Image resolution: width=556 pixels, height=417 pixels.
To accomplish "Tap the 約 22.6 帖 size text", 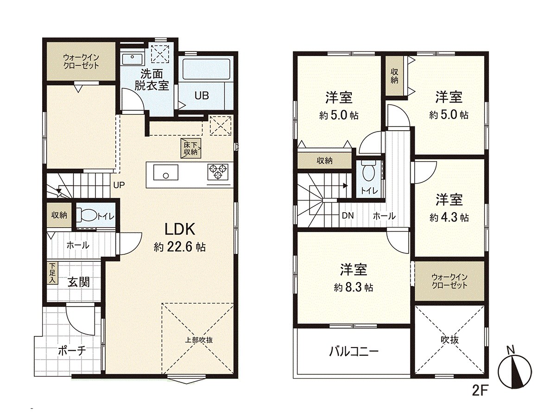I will pyautogui.click(x=180, y=247).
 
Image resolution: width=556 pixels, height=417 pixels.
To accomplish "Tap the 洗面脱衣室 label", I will pyautogui.click(x=152, y=79).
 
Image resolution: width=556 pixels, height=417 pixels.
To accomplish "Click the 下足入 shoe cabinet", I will pyautogui.click(x=52, y=273).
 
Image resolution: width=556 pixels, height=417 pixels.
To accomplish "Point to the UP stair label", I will pyautogui.click(x=119, y=185).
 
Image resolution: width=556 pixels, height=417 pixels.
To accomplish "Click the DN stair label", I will pyautogui.click(x=347, y=215).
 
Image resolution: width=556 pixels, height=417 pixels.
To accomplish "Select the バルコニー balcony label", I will pyautogui.click(x=354, y=351).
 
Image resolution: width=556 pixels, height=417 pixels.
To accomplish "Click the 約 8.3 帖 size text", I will pyautogui.click(x=354, y=287).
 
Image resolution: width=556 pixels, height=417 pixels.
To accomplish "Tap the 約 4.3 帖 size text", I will pyautogui.click(x=449, y=217).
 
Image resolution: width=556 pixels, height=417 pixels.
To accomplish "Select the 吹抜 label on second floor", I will pyautogui.click(x=449, y=340).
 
